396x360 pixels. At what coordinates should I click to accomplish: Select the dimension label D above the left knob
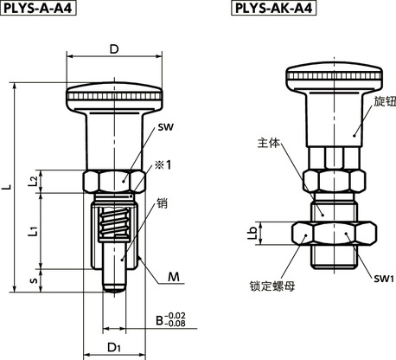click(114, 49)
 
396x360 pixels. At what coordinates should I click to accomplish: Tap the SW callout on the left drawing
click(165, 127)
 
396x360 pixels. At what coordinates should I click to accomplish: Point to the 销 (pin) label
click(161, 205)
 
